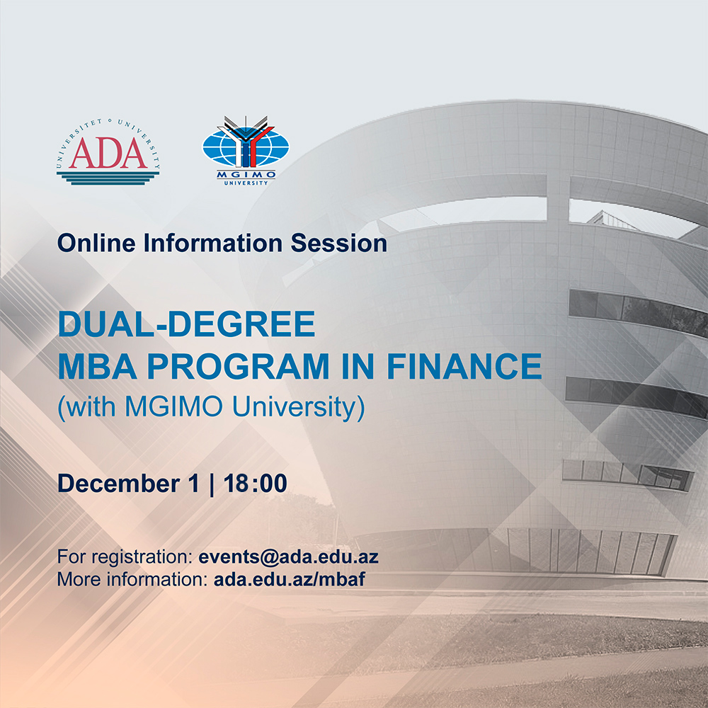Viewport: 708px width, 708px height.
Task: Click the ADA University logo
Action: coord(108,152)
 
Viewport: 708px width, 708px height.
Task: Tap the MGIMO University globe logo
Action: coord(246,151)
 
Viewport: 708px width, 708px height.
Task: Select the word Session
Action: coord(338,243)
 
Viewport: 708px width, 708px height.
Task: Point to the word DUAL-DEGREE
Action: coord(186,324)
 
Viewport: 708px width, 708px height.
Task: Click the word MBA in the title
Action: coord(98,366)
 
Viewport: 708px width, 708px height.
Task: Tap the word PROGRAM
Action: coord(238,366)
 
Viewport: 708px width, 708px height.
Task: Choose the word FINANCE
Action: coord(464,366)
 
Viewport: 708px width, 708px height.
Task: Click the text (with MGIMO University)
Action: coord(211,407)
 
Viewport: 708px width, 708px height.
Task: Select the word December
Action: coord(119,483)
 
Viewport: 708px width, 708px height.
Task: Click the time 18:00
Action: coord(255,483)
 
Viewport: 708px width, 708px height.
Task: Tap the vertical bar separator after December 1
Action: coord(211,484)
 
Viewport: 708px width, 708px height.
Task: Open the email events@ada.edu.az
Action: coord(289,556)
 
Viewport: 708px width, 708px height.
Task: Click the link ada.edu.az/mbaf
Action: coord(290,579)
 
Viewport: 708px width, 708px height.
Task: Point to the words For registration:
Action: coord(125,556)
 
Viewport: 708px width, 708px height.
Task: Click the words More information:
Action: coord(133,579)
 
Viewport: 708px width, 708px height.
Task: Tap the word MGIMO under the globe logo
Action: coord(246,175)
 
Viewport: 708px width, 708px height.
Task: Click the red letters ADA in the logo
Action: coord(108,153)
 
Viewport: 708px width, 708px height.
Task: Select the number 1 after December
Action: coord(193,483)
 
